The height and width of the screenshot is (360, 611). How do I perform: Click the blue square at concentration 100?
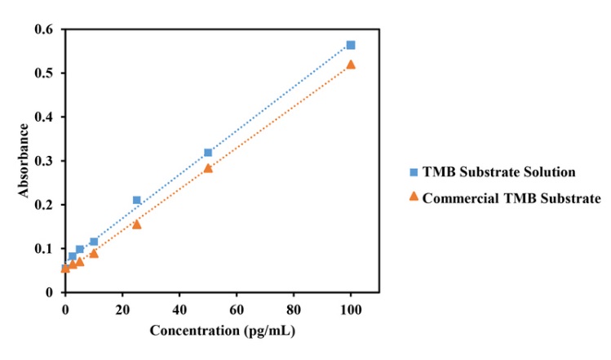pos(351,45)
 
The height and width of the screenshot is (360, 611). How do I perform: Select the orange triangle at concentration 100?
pos(351,64)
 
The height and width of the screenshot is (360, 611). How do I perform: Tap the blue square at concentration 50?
pos(208,153)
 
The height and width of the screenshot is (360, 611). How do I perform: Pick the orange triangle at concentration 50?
pos(208,168)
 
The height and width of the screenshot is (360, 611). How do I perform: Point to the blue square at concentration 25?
pos(137,200)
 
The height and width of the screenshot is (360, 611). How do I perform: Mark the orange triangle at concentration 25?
pos(136,224)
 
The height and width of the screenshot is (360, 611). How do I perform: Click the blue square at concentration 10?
pos(94,242)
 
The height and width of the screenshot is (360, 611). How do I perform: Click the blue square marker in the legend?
pos(414,171)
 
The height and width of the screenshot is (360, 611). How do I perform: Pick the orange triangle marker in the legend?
pos(414,196)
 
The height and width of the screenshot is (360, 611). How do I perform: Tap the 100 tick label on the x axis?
pos(351,309)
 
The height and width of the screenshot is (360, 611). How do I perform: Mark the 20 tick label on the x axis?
pos(122,309)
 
